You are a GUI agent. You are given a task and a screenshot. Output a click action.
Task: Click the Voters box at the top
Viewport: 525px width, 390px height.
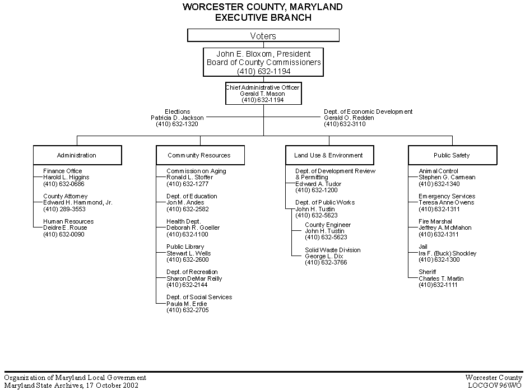[263, 35]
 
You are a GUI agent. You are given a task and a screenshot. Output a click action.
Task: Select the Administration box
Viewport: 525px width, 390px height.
[77, 155]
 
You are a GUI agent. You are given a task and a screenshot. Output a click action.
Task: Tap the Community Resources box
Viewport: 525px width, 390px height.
[200, 155]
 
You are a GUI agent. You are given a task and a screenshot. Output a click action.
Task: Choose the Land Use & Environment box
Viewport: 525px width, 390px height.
[329, 155]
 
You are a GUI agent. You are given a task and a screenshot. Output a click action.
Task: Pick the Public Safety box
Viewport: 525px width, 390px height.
[453, 155]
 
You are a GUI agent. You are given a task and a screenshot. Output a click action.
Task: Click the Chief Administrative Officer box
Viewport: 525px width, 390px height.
[263, 94]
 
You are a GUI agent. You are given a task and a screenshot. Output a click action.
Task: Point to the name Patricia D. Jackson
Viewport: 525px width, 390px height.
[177, 118]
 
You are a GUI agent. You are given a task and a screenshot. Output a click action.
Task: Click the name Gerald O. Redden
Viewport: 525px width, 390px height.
[349, 118]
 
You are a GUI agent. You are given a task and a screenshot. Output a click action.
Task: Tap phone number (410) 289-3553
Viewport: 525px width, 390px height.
[64, 209]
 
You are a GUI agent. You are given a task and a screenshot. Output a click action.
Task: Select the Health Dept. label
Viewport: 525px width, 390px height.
[183, 221]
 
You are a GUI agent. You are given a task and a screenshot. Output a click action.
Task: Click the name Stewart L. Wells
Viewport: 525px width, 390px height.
[188, 253]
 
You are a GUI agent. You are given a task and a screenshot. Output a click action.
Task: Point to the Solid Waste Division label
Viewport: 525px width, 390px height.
[332, 250]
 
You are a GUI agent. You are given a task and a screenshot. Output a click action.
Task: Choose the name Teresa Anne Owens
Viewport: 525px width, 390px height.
[447, 202]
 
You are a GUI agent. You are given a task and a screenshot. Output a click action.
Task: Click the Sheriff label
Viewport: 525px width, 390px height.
[428, 272]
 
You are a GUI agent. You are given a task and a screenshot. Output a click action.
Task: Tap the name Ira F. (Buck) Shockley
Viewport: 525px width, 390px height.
[447, 253]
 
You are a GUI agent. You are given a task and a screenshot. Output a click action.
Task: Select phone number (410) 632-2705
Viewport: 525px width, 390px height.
[188, 310]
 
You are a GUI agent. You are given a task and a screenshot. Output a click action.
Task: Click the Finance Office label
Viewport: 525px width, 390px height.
[63, 171]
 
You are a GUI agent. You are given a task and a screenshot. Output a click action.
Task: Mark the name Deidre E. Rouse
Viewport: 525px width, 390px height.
[65, 227]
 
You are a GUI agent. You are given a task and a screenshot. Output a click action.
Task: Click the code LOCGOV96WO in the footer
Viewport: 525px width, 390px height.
[495, 386]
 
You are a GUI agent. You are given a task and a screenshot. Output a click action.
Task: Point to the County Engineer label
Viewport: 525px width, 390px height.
[328, 225]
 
